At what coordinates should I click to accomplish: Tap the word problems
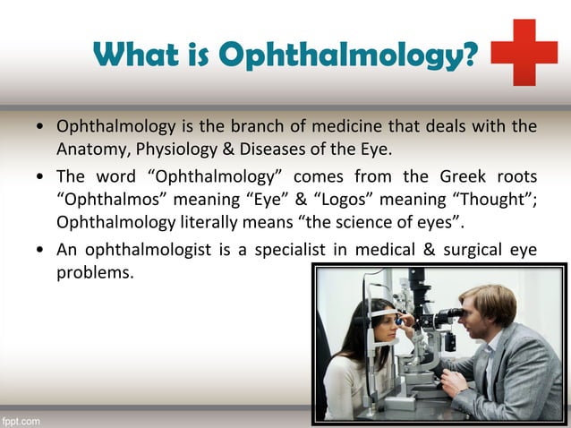95,271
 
